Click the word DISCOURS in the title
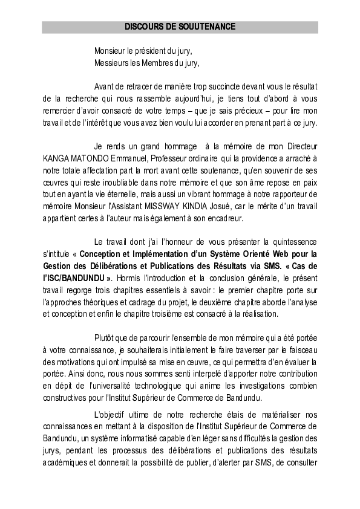(143, 27)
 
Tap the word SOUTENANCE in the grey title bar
(207, 27)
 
